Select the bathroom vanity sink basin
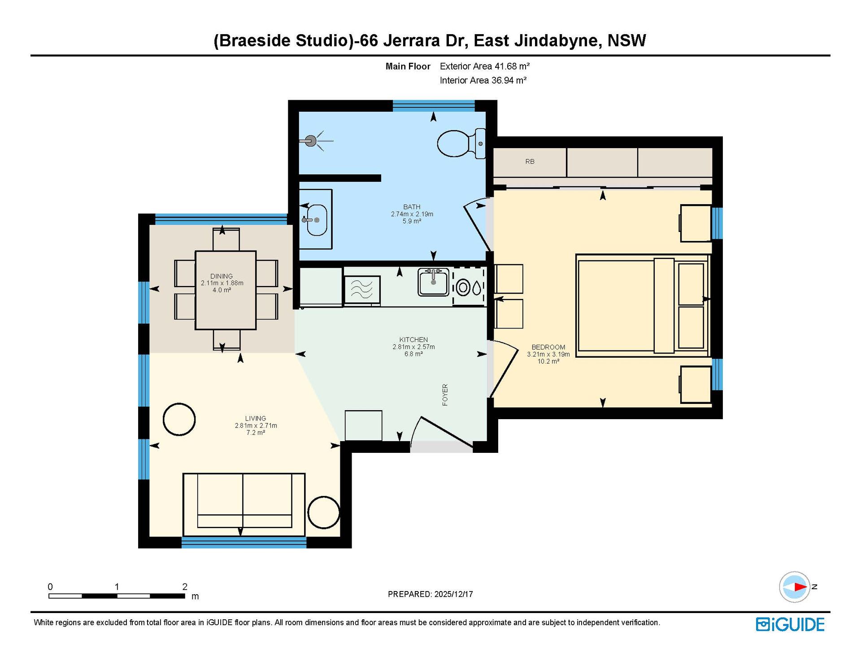point(317,220)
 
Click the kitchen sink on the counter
point(433,282)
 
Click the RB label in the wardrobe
point(530,162)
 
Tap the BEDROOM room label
point(548,347)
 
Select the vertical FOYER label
point(445,395)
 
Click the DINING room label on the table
point(222,276)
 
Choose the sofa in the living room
point(244,504)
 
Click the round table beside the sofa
point(324,512)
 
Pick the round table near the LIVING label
point(179,419)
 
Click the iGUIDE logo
point(790,625)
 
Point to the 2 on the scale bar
point(185,587)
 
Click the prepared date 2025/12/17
point(453,594)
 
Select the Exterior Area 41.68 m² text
point(485,66)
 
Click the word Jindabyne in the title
point(556,41)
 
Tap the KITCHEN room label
point(413,340)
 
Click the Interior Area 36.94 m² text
point(483,80)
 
